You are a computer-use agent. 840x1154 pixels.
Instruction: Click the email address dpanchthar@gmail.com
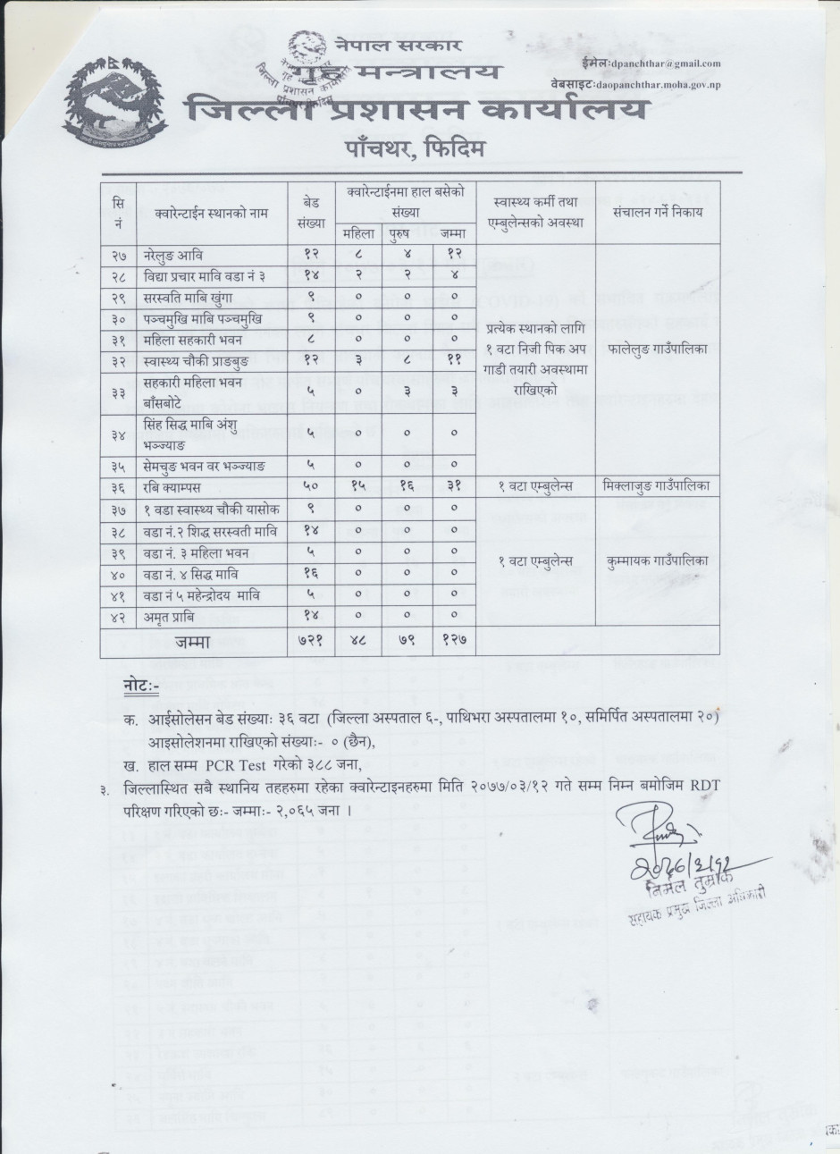pyautogui.click(x=663, y=63)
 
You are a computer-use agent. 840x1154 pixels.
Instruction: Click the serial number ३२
pyautogui.click(x=116, y=362)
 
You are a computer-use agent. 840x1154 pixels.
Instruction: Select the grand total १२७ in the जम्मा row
pyautogui.click(x=454, y=643)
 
